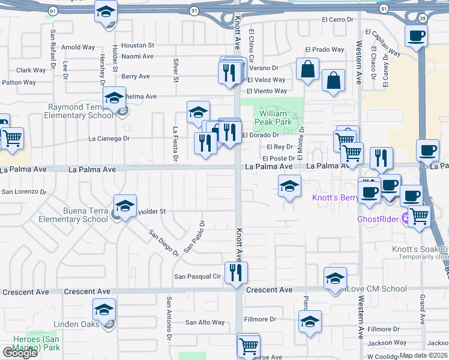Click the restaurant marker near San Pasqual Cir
236,273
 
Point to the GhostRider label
379,219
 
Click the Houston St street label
137,45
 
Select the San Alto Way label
205,322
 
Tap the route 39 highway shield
423,19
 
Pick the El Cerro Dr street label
337,19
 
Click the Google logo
20,352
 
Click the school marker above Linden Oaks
104,310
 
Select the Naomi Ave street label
137,56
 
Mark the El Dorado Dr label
261,135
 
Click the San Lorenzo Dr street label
24,192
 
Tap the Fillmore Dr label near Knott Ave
260,319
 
